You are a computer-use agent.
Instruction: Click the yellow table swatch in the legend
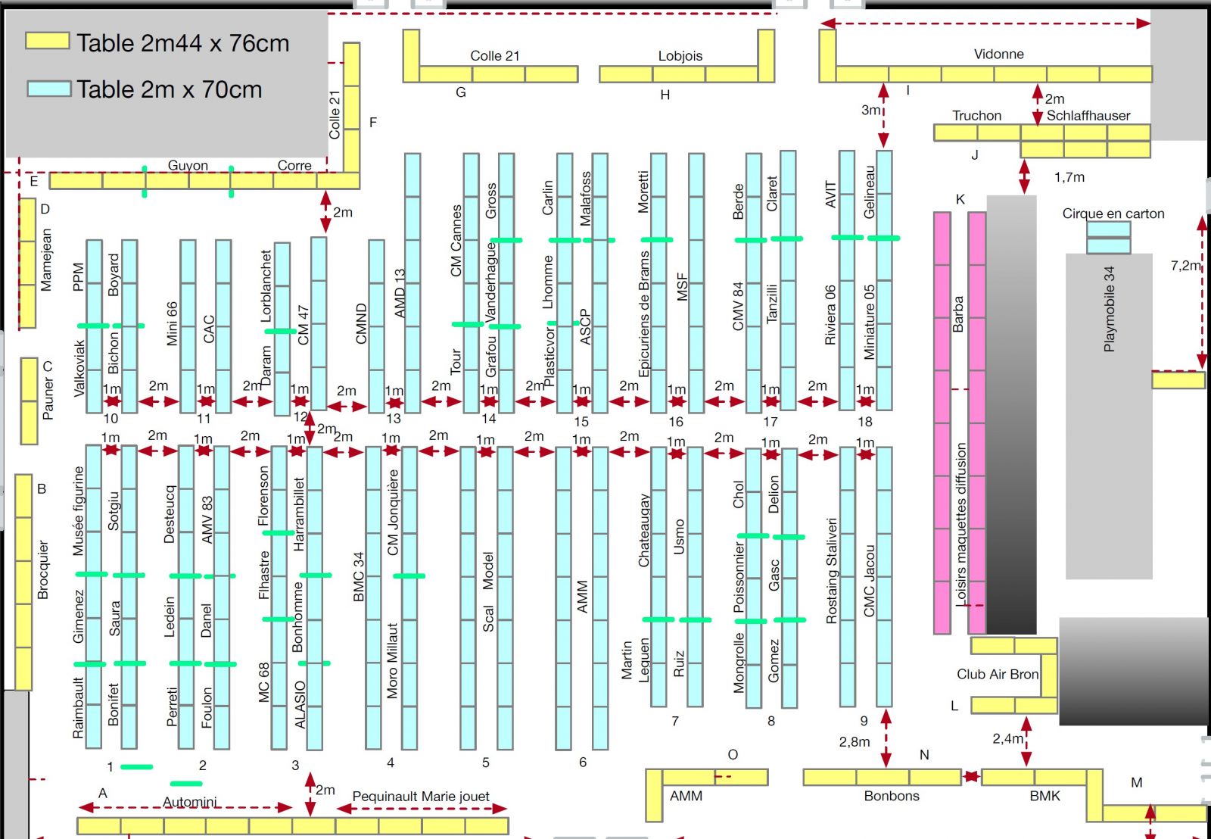point(47,41)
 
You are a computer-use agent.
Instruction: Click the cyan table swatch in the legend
point(49,88)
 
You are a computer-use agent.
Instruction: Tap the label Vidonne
point(998,54)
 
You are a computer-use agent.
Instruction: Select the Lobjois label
point(680,55)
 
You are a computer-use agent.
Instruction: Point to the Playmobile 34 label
point(1109,309)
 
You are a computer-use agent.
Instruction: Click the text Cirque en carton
point(1113,214)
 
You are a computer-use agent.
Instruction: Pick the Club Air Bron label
point(997,674)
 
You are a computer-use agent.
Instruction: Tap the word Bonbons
point(891,796)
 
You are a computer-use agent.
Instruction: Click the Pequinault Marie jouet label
point(421,796)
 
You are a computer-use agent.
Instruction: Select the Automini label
point(189,802)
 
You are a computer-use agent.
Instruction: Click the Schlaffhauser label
point(1088,115)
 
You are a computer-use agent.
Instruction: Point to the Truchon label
point(976,115)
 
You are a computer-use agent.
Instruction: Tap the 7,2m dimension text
point(1185,265)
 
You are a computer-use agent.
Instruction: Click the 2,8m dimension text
point(854,741)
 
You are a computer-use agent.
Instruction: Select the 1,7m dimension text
point(1069,177)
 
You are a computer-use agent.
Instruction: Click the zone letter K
point(960,199)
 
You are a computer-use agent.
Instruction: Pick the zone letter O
point(732,754)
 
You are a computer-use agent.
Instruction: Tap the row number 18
point(864,421)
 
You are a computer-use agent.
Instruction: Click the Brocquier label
point(42,569)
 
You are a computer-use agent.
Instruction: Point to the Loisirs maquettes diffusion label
point(960,523)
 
